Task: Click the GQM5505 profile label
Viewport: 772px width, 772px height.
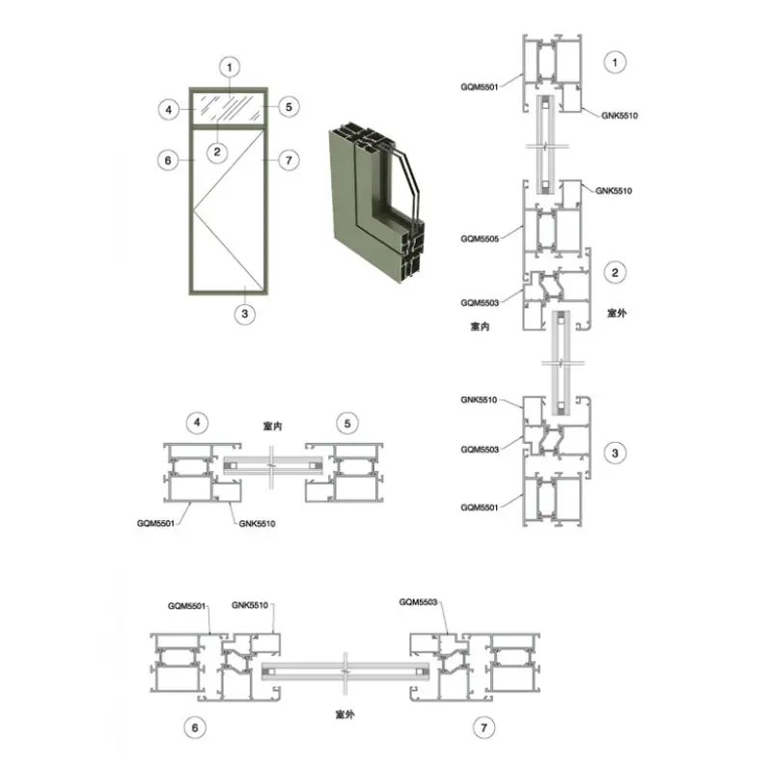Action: (x=480, y=238)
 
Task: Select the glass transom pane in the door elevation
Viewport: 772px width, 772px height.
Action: (x=229, y=108)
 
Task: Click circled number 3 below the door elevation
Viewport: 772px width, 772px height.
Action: (x=245, y=314)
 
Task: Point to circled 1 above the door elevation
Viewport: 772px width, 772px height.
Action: (x=230, y=68)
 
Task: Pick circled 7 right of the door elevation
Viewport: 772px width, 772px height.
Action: (x=289, y=160)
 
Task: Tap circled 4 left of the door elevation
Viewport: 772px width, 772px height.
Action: (x=168, y=109)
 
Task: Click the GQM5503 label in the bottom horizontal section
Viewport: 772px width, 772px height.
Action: (x=418, y=602)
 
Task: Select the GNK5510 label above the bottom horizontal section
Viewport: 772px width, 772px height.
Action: (x=250, y=605)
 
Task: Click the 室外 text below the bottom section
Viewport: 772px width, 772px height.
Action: (x=345, y=714)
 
